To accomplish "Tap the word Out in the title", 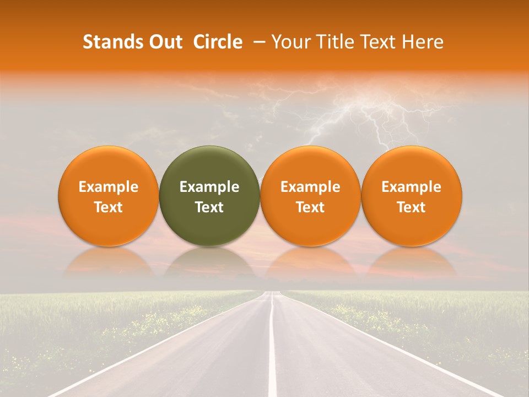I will coord(164,42).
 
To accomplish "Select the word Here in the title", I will coord(423,42).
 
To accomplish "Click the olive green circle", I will coord(209,196).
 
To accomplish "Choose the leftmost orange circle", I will coord(108,196).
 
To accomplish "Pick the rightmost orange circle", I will coord(411,196).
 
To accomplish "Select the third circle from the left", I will coord(310,196).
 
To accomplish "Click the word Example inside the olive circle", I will coord(209,187).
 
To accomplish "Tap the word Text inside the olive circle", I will coord(209,207).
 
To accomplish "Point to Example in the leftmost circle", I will coord(108,187).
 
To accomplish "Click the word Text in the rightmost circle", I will coord(411,207).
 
